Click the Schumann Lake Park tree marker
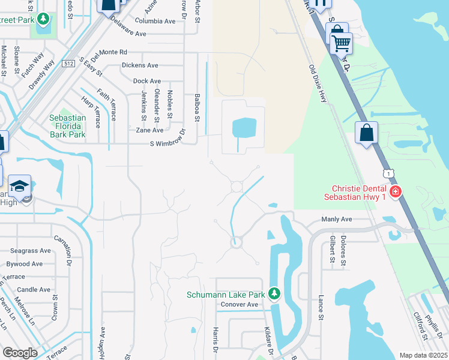pyautogui.click(x=274, y=293)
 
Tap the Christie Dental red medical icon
pyautogui.click(x=395, y=192)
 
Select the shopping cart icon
pyautogui.click(x=341, y=42)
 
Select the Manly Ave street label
pyautogui.click(x=337, y=220)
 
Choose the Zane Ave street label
pyautogui.click(x=149, y=130)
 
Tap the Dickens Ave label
pyautogui.click(x=140, y=65)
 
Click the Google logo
pyautogui.click(x=20, y=353)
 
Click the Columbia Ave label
pyautogui.click(x=155, y=21)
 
